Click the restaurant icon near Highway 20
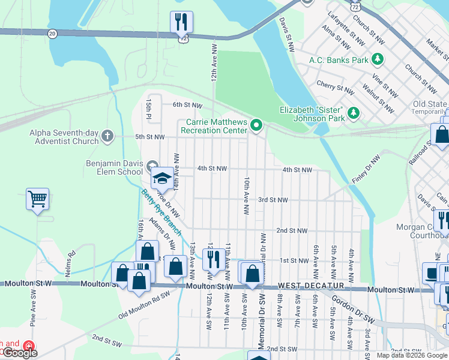point(181,22)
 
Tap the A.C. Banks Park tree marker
point(378,59)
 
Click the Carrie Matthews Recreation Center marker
point(256,125)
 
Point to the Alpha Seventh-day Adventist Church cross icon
point(107,136)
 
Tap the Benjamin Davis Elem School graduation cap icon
point(161,178)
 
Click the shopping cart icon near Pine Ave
point(37,198)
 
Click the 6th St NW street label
point(187,105)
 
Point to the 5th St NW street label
point(149,137)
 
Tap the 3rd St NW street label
point(273,200)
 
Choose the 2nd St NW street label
point(292,230)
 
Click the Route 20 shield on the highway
point(52,34)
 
